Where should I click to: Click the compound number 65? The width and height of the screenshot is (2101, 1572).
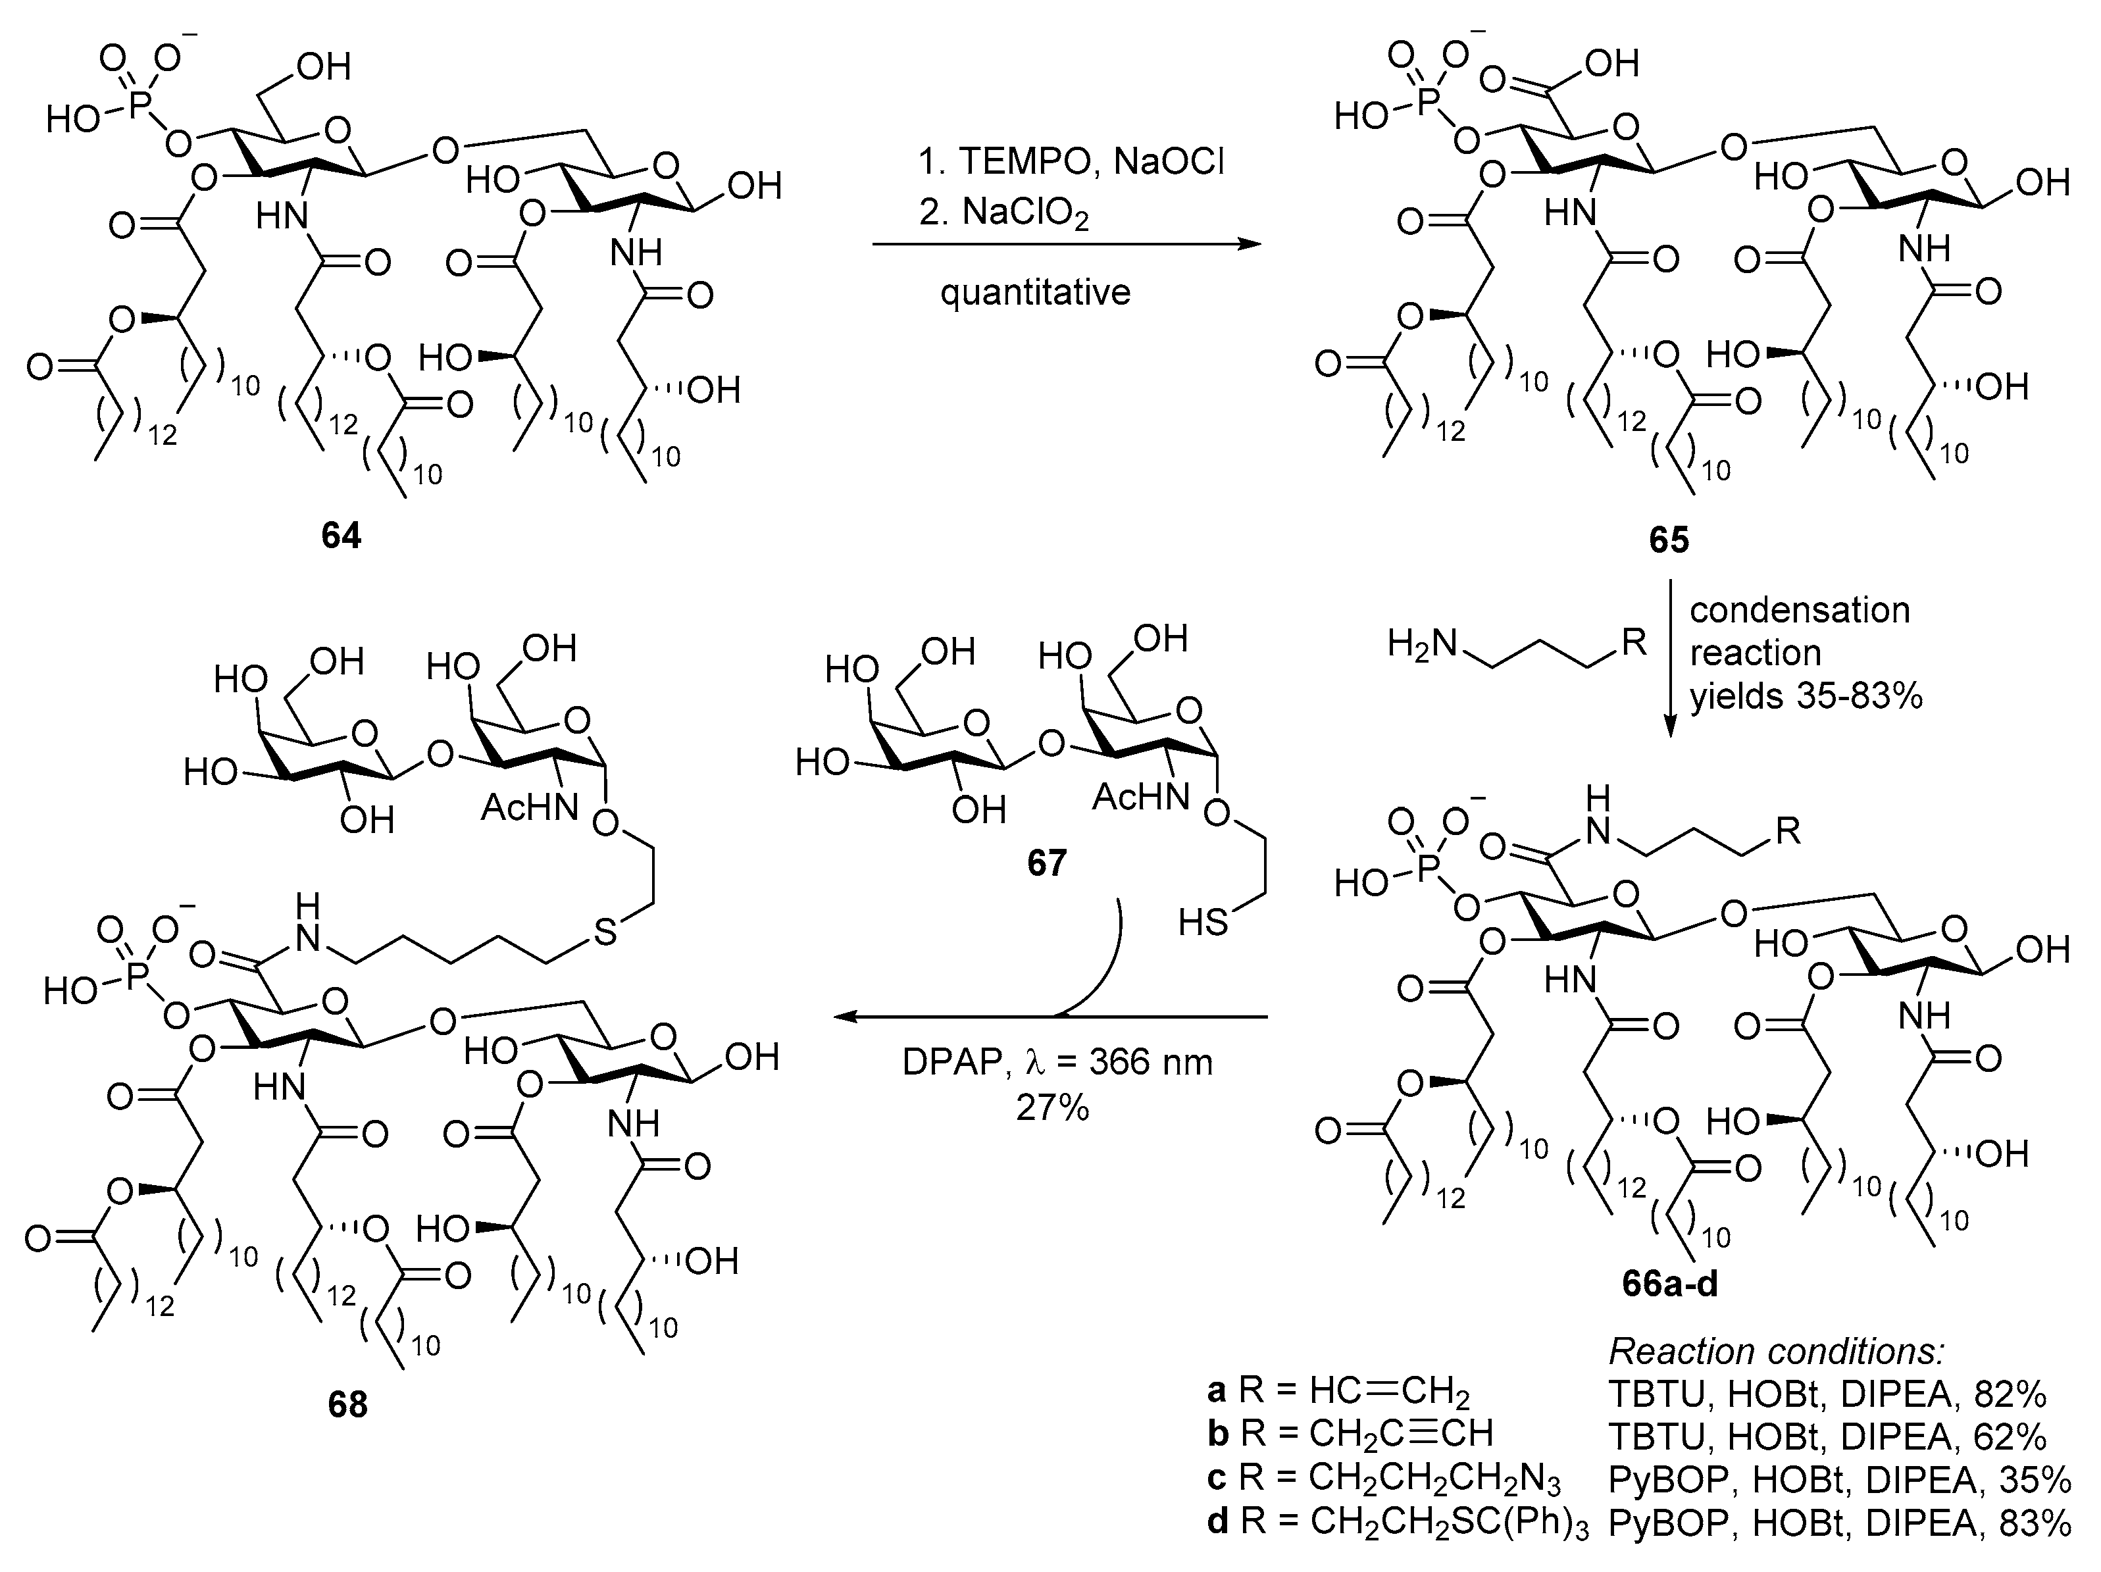pos(1669,540)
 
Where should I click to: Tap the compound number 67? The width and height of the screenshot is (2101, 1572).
pos(1047,863)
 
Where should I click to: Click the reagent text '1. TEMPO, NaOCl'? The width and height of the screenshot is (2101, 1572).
pos(1071,163)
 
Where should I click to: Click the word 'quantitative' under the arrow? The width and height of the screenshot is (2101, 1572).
pos(1035,292)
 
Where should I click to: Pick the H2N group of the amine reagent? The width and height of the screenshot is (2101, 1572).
pos(1421,645)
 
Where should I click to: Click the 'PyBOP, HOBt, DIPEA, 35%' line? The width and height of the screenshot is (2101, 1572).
pos(1839,1479)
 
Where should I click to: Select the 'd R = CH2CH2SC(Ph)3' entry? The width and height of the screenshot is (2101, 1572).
pos(1397,1523)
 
